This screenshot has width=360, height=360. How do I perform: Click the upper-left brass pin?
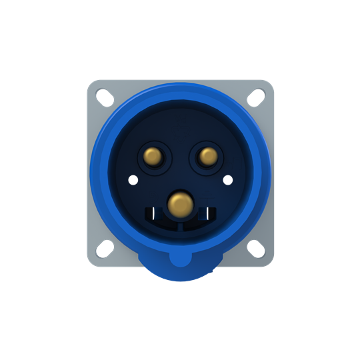[x=153, y=157]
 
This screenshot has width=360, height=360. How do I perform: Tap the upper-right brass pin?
[x=207, y=157]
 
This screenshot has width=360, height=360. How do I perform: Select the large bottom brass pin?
[x=180, y=203]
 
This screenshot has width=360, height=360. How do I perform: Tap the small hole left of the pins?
[x=133, y=179]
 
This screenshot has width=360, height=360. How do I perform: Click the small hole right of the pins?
[x=228, y=179]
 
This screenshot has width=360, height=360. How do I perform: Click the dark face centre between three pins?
[x=180, y=175]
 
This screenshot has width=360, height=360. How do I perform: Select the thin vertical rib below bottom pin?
[x=180, y=223]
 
